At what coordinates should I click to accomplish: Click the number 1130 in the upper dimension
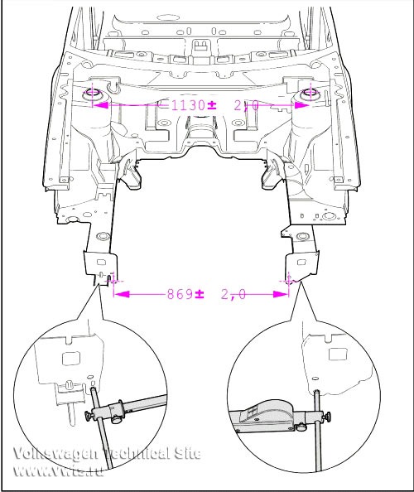pos(188,105)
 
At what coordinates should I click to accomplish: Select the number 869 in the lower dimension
pos(180,294)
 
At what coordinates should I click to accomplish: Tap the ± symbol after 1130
pos(212,105)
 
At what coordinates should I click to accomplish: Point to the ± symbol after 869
pos(200,294)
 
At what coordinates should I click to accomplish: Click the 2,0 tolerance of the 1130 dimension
pos(246,106)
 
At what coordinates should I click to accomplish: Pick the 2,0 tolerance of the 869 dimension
pos(233,295)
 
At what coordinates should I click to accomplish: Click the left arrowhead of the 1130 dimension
pos(100,105)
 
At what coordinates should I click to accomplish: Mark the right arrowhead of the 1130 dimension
pos(302,105)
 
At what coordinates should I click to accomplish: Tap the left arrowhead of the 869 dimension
pos(122,294)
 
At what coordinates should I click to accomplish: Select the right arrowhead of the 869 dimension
pos(281,294)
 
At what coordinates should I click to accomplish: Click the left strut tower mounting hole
pos(92,93)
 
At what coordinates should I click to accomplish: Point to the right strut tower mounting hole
pos(310,93)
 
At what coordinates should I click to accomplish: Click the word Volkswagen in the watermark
pos(55,455)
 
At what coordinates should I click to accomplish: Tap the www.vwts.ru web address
pos(58,470)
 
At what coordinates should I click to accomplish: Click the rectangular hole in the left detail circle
pos(71,359)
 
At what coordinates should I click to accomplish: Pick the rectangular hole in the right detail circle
pos(339,354)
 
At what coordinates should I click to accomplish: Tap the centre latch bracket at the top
pos(200,46)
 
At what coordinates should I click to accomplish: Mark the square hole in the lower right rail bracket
pos(301,262)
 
